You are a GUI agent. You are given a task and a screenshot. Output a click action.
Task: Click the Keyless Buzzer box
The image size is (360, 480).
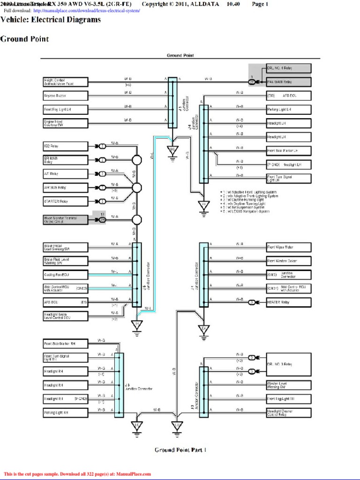click(x=65, y=96)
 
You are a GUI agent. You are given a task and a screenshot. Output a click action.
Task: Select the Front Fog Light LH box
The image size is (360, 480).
click(x=65, y=109)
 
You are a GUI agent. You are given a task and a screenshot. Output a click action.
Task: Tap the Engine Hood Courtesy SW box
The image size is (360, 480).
click(x=65, y=123)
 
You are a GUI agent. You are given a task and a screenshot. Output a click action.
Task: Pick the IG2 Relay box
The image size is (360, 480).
click(x=65, y=146)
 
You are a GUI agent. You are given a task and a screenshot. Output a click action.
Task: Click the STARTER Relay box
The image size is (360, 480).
click(x=65, y=202)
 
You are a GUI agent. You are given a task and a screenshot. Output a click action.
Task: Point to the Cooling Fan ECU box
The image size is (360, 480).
click(x=65, y=275)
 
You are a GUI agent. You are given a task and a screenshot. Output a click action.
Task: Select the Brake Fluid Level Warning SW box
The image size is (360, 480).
click(x=65, y=261)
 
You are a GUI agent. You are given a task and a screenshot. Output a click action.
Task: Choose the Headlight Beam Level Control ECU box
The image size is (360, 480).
click(x=65, y=316)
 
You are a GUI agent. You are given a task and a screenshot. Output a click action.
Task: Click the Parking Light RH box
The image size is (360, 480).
click(x=65, y=412)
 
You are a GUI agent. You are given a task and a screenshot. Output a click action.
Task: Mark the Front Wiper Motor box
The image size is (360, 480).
click(x=288, y=247)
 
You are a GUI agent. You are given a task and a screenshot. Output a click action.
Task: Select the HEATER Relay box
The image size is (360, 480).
click(x=288, y=302)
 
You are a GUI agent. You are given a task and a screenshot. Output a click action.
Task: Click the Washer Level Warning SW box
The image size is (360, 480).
click(x=288, y=385)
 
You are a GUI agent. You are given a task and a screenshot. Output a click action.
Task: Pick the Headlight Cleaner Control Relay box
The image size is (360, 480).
click(x=288, y=413)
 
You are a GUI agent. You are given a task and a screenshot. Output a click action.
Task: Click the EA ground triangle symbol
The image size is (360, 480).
click(x=204, y=329)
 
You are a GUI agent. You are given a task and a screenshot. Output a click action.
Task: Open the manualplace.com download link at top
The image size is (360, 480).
click(x=87, y=10)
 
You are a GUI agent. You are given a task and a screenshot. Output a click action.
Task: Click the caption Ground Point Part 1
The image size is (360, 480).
click(x=180, y=450)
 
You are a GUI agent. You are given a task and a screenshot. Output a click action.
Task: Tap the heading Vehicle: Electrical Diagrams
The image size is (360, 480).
click(x=51, y=20)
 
